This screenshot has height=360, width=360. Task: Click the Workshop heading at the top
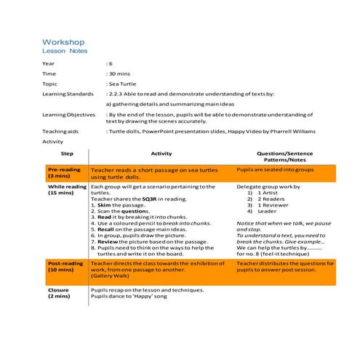(63, 43)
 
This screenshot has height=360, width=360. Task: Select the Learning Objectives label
(69, 114)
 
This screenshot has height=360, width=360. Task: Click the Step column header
(67, 154)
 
